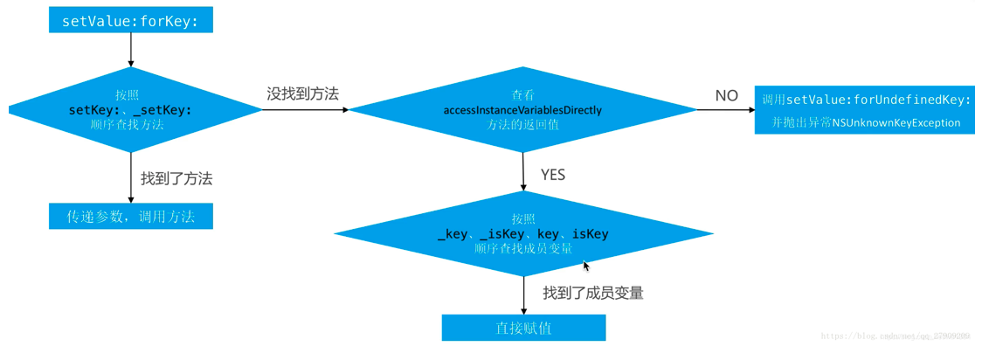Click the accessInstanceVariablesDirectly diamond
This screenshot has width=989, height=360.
click(522, 110)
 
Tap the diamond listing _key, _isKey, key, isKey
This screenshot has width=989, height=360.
click(522, 233)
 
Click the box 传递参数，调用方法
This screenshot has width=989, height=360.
click(130, 217)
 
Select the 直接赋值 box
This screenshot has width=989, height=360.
click(523, 329)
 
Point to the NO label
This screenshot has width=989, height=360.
click(726, 96)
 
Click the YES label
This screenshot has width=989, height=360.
click(552, 175)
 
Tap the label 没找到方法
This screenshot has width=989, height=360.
click(302, 93)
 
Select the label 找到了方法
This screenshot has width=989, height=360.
click(176, 178)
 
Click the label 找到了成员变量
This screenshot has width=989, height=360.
click(592, 293)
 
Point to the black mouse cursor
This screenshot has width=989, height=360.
click(586, 266)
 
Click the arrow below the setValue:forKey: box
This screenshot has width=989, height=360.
click(131, 51)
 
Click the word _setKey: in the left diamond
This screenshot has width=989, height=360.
click(163, 110)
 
